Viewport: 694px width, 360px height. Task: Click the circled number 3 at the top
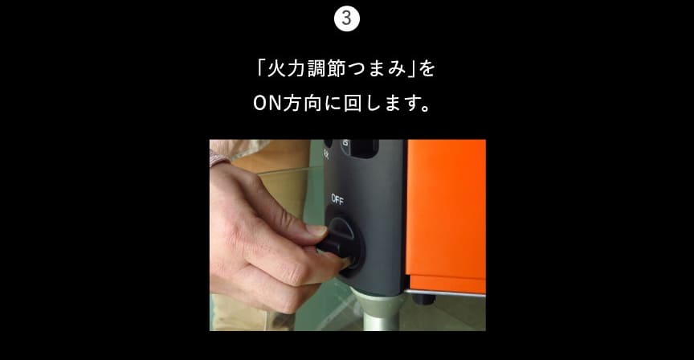(x=347, y=18)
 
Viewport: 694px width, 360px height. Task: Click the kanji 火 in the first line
(x=276, y=68)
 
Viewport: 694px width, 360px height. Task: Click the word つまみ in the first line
(x=376, y=68)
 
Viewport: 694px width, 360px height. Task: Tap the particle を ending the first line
(x=427, y=68)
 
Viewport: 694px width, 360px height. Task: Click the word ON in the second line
(x=267, y=104)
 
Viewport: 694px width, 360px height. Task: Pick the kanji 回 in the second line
(x=353, y=104)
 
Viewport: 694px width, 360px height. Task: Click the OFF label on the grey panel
(x=337, y=200)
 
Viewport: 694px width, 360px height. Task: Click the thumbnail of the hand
(x=317, y=231)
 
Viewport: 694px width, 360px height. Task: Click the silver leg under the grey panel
(x=378, y=311)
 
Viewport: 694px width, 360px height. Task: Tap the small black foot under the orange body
(x=423, y=300)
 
